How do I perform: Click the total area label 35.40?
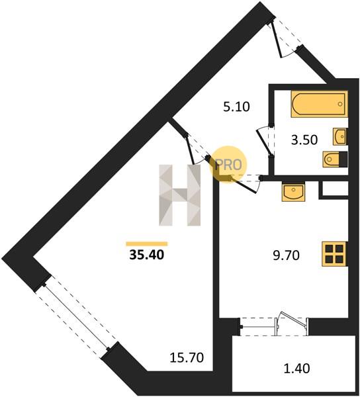147,255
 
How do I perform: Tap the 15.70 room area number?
187,358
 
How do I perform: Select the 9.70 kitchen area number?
286,255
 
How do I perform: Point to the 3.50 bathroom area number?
304,140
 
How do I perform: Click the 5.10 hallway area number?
236,107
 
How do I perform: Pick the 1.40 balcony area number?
296,369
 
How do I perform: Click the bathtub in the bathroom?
319,104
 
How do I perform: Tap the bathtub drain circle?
340,104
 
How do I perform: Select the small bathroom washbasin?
340,136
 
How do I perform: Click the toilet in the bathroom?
335,159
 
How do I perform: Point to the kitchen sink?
293,192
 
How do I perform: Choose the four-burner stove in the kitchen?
334,254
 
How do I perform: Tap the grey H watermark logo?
180,195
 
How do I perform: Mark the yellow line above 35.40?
147,243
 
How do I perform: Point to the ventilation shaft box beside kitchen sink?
334,189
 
